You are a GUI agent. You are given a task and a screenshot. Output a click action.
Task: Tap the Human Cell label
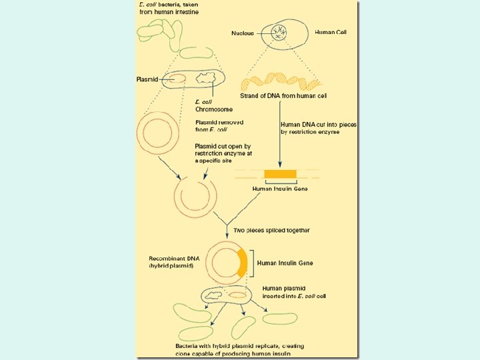(x=330, y=32)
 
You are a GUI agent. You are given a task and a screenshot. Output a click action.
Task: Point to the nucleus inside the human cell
(x=281, y=32)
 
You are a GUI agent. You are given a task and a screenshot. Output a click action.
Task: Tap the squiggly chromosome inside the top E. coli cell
(x=205, y=79)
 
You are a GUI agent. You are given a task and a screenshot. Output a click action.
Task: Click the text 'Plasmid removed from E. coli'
(x=219, y=126)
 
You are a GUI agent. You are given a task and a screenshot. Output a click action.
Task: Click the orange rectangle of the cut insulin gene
(x=280, y=175)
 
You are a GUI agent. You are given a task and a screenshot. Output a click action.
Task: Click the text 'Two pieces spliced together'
(x=271, y=230)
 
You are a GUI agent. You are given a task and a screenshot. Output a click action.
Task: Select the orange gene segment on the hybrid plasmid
(x=243, y=263)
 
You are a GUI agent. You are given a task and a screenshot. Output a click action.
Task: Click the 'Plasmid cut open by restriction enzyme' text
(x=223, y=153)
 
